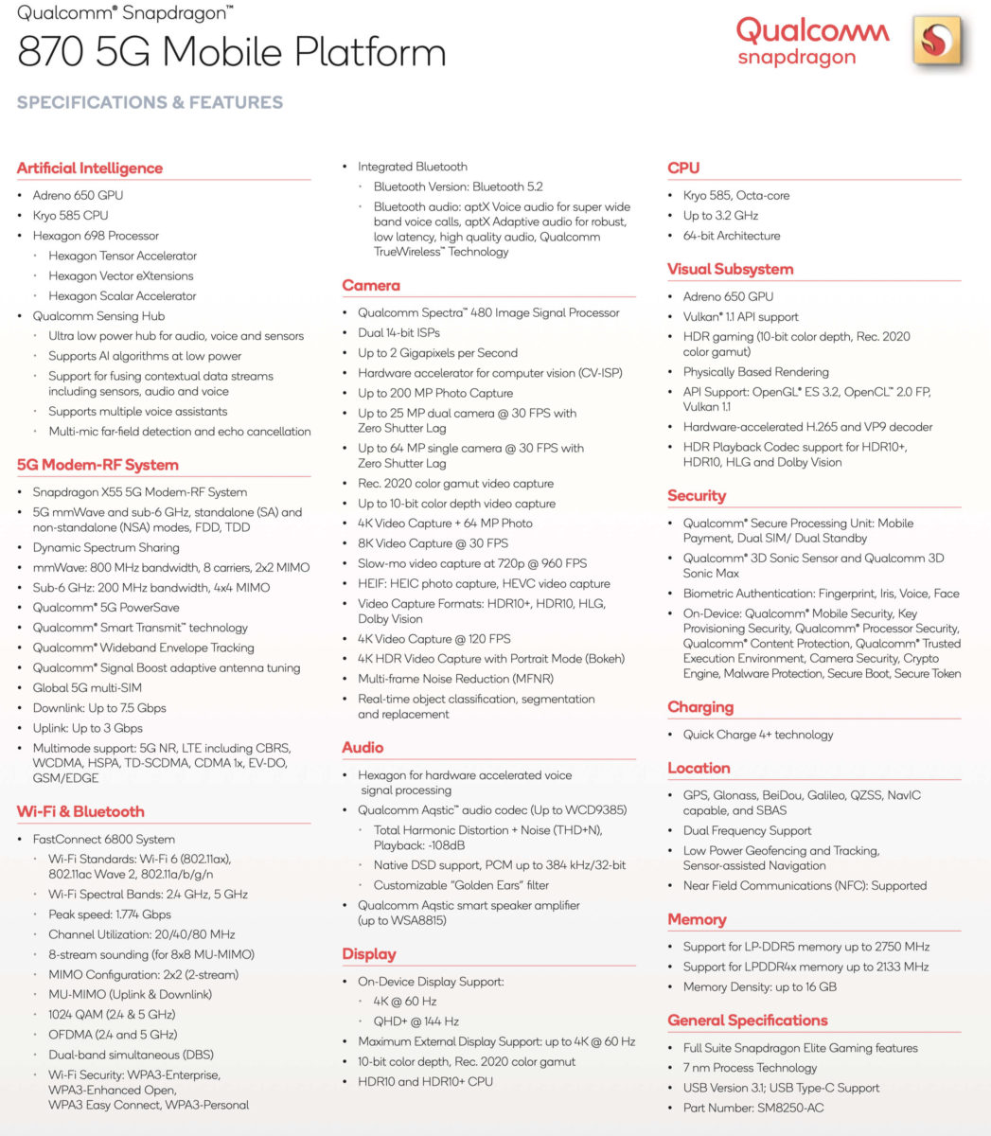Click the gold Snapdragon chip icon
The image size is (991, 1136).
(937, 42)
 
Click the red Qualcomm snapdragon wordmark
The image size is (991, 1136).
(812, 42)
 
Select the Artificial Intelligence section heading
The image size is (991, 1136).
(90, 169)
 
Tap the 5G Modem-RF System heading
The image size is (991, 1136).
(97, 465)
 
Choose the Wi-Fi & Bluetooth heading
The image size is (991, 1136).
(80, 811)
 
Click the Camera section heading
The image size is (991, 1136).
(371, 285)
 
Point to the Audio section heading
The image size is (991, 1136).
(363, 748)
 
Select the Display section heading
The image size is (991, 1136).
(369, 954)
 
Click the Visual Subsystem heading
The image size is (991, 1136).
(730, 269)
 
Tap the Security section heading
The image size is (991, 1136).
(697, 495)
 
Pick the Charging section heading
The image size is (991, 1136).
(700, 707)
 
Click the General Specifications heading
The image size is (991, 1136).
(748, 1021)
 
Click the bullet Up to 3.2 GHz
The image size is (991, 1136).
(720, 216)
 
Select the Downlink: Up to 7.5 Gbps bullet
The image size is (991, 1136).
(99, 708)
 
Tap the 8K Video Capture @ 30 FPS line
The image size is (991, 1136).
(433, 543)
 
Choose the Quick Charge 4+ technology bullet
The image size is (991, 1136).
(758, 735)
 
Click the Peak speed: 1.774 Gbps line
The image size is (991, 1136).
(110, 914)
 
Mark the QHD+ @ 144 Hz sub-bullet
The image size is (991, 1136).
(416, 1021)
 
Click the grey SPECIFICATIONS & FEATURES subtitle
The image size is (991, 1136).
(150, 102)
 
